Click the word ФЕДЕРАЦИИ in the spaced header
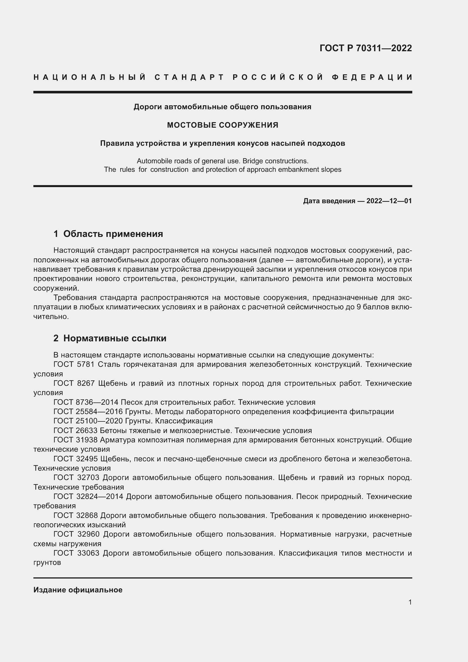372,77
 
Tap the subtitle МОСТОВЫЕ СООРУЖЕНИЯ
222,125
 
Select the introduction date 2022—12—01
389,201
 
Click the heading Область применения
113,233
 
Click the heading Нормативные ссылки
115,338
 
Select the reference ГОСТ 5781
74,365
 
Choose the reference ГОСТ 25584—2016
88,412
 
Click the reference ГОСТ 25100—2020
88,421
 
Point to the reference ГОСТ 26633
76,430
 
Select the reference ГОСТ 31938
76,440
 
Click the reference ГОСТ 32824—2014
88,496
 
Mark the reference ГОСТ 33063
76,553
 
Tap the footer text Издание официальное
78,590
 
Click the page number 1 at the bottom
410,602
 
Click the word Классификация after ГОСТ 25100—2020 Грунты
184,421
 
